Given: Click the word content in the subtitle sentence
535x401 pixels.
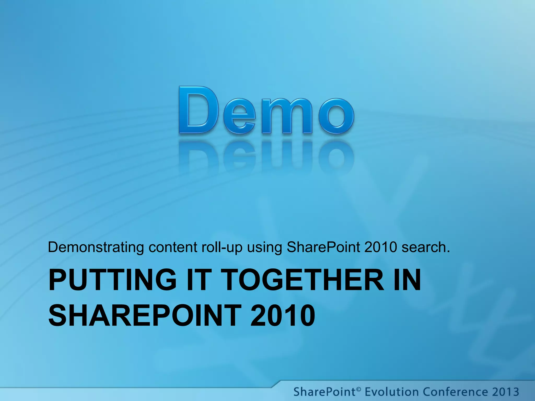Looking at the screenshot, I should (x=173, y=247).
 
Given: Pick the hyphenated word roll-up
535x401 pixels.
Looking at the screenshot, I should (x=222, y=247).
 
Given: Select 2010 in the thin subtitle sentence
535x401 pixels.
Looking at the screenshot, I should (x=381, y=247).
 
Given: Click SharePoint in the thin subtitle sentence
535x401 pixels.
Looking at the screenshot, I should (x=323, y=247).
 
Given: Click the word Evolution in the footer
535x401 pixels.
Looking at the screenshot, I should (x=392, y=392).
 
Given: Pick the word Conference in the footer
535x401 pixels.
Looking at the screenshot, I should (x=455, y=392).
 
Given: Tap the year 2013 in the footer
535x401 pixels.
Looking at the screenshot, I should (x=505, y=392).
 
